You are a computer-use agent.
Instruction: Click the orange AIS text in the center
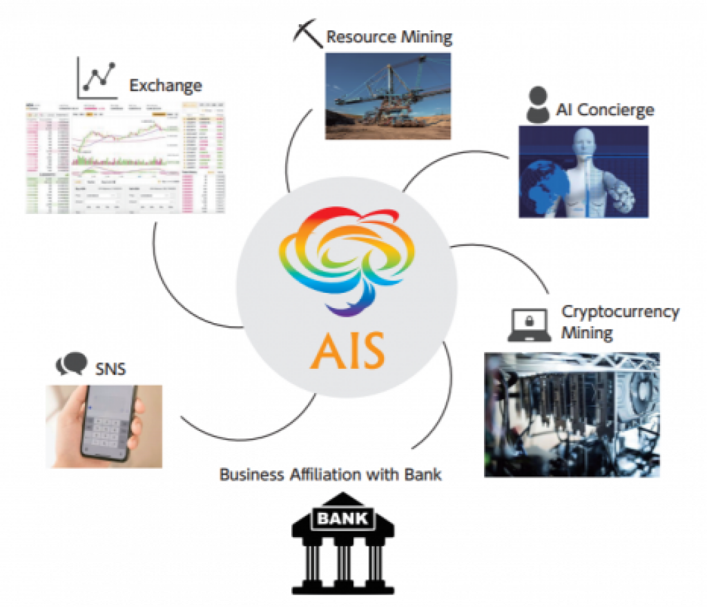[x=347, y=350]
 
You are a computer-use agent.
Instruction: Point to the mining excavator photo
[x=388, y=96]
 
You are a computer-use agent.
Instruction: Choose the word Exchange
[x=166, y=86]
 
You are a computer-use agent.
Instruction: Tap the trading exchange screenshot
[x=124, y=157]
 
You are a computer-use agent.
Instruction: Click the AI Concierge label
[x=604, y=110]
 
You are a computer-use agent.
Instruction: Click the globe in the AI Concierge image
[x=545, y=189]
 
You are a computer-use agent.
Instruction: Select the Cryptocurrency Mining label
[x=619, y=322]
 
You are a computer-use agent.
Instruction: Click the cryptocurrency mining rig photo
[x=572, y=414]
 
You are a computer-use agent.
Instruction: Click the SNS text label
[x=110, y=368]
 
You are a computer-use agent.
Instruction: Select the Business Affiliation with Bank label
[x=330, y=475]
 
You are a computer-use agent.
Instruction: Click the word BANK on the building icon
[x=343, y=517]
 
